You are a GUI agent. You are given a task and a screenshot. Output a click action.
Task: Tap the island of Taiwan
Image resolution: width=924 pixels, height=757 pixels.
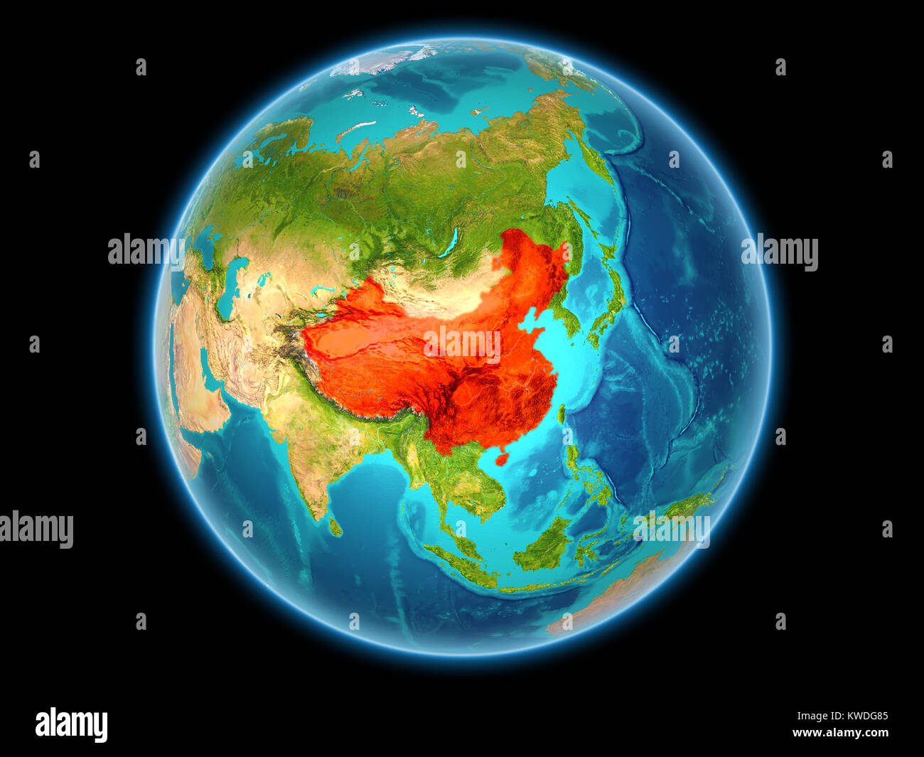(x=560, y=414)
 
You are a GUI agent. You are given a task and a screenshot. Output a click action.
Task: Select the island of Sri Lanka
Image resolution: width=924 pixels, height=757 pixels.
(x=334, y=527)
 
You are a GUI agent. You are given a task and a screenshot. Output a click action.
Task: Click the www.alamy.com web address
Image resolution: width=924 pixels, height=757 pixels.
(x=840, y=733)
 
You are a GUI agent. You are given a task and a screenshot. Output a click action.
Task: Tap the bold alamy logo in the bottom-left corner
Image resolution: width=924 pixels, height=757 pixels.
(x=71, y=724)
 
